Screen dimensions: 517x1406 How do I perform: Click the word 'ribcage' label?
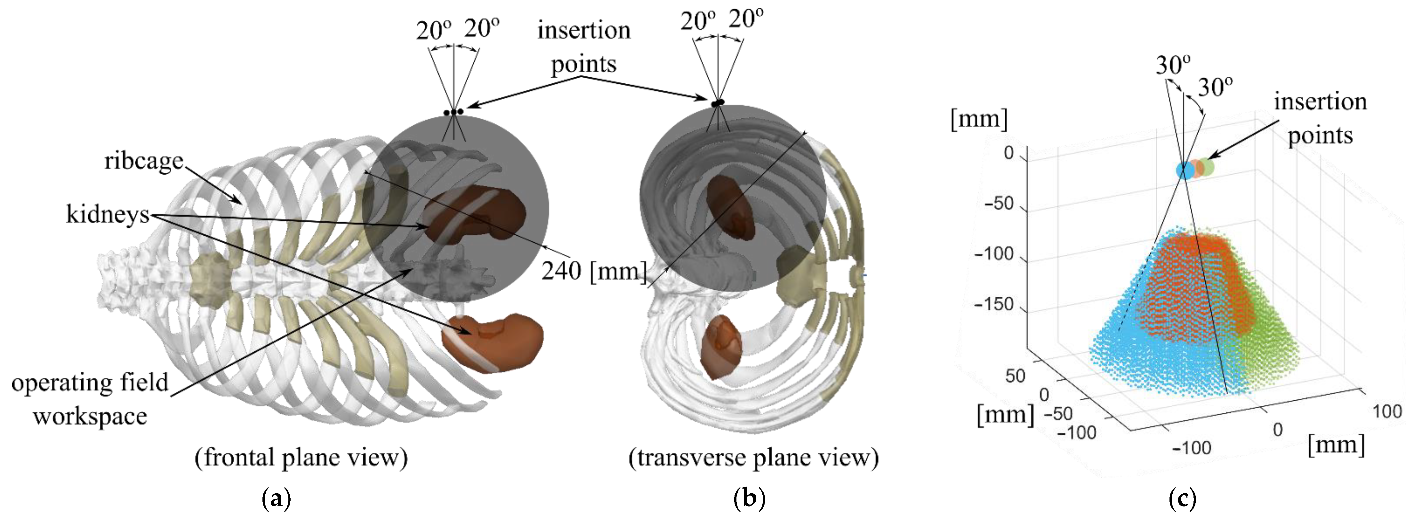pos(144,161)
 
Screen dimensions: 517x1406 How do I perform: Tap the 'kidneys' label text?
pos(108,214)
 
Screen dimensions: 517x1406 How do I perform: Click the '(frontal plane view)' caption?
pos(301,457)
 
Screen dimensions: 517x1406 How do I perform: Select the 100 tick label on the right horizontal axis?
pos(1387,411)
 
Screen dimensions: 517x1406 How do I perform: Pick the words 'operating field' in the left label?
pos(90,382)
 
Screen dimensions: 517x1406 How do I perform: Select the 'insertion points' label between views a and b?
pos(583,47)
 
